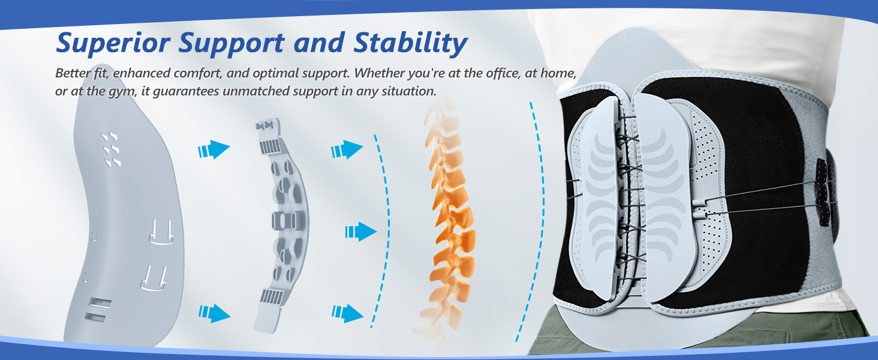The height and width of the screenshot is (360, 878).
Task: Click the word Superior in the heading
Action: (113, 43)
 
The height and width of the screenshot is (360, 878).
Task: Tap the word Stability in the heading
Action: (410, 44)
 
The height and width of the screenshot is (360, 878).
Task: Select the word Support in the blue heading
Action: (231, 44)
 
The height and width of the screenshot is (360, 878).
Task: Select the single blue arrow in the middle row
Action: (360, 232)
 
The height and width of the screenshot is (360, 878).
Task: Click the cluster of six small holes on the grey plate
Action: (110, 149)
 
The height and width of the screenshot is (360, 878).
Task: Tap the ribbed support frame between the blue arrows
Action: (281, 225)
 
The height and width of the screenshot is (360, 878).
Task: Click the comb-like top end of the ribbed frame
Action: (269, 135)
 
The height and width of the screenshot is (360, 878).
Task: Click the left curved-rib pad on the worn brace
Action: (599, 200)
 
